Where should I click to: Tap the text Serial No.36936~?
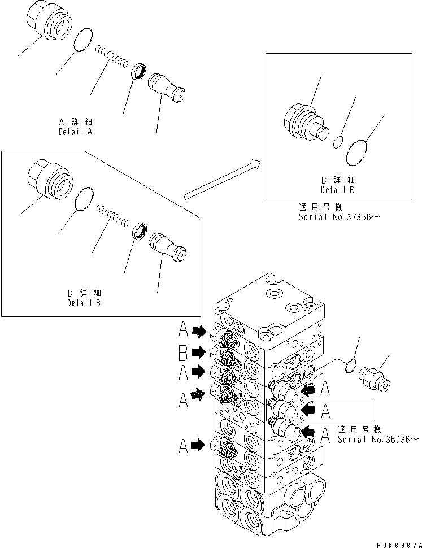point(379,439)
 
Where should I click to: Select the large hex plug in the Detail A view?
point(49,26)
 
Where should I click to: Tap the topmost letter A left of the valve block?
point(184,330)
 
